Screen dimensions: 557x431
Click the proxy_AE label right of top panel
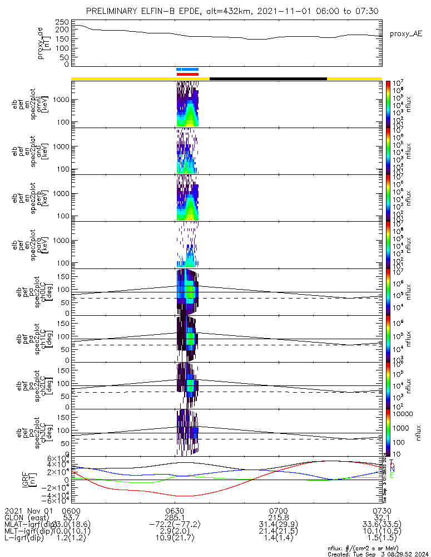(x=404, y=34)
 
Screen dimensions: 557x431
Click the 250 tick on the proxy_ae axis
(x=62, y=21)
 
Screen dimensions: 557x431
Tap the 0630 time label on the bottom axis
(x=175, y=511)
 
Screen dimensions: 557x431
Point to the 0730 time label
(x=382, y=511)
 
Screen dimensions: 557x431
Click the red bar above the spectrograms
(x=187, y=74)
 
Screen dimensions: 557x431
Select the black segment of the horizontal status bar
(x=268, y=79)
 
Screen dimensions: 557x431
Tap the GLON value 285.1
(x=175, y=518)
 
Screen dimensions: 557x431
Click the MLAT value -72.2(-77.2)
(x=175, y=525)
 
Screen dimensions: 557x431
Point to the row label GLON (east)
(x=27, y=518)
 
